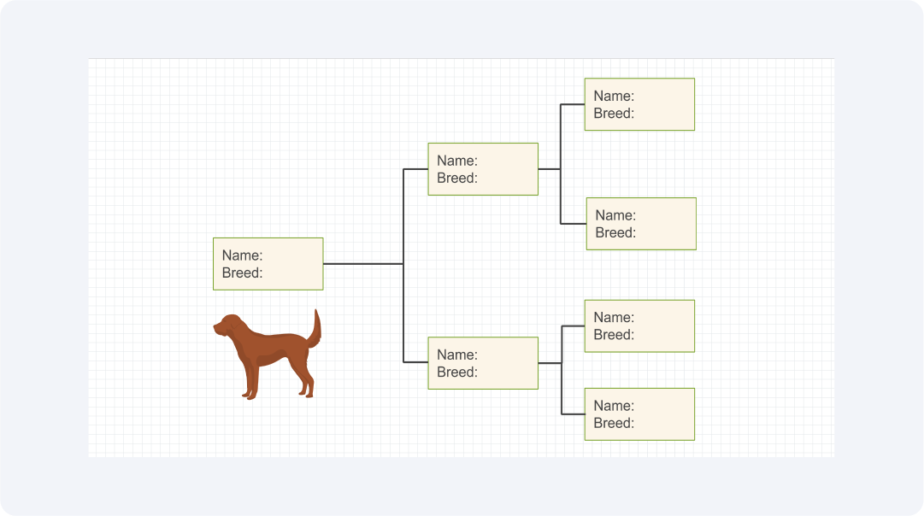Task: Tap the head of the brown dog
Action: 228,325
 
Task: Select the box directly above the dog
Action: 268,264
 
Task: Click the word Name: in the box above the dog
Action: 242,255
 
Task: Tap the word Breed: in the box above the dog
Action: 242,273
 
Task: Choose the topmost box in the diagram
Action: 639,104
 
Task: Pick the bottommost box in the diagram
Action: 639,414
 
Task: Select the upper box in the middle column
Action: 483,169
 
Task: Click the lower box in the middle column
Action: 483,363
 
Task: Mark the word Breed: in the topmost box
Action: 614,113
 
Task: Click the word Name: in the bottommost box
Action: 614,406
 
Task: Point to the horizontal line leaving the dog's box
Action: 363,264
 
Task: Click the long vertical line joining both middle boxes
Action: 403,266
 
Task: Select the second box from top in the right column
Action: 641,224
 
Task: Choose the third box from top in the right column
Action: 639,326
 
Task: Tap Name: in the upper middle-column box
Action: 457,161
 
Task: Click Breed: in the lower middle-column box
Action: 457,372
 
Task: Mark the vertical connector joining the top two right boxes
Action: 561,164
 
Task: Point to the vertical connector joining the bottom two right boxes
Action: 562,370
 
